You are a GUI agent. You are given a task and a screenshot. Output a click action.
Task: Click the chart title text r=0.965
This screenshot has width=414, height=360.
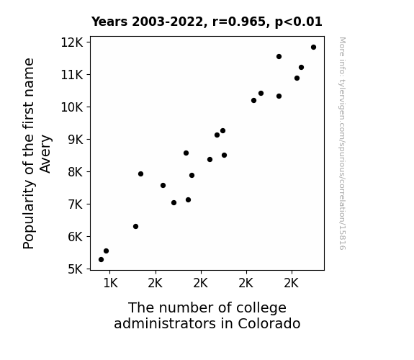click(239, 22)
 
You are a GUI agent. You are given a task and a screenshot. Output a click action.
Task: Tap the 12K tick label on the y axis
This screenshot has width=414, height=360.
click(72, 42)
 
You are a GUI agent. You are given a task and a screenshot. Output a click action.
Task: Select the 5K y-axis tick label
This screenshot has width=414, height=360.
click(76, 269)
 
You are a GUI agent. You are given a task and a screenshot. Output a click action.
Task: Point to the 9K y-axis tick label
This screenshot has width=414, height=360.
click(76, 140)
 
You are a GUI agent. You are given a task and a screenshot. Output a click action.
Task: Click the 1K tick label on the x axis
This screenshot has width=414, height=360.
click(110, 283)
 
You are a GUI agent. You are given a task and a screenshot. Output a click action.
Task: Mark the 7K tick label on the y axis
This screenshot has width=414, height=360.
click(76, 204)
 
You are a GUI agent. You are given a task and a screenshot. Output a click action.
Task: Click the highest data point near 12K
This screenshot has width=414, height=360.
click(313, 48)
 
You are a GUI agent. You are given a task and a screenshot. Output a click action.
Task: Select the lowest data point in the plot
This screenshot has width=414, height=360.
click(101, 260)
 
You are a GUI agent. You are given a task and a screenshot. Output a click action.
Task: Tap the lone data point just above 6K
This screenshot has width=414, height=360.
click(135, 226)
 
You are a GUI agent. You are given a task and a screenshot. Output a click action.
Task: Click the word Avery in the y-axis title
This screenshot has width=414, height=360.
click(45, 154)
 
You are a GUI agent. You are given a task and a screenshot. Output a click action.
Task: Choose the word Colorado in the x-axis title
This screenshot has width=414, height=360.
click(269, 323)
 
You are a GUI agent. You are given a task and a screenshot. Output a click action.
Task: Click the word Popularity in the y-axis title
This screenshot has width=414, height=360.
click(29, 215)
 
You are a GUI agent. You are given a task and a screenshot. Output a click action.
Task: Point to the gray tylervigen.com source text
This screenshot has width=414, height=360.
click(342, 143)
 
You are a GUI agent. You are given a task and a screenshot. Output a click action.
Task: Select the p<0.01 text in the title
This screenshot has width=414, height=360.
click(299, 22)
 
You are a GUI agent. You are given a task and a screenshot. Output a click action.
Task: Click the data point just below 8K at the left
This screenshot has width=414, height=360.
click(140, 174)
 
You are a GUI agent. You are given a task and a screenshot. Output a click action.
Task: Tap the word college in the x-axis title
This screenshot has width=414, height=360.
click(261, 307)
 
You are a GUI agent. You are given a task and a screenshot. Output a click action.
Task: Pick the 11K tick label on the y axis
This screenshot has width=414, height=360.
click(72, 75)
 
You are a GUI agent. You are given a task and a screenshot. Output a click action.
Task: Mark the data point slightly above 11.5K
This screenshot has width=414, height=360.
click(279, 57)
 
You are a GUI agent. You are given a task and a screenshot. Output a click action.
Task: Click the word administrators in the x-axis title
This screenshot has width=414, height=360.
click(165, 323)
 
